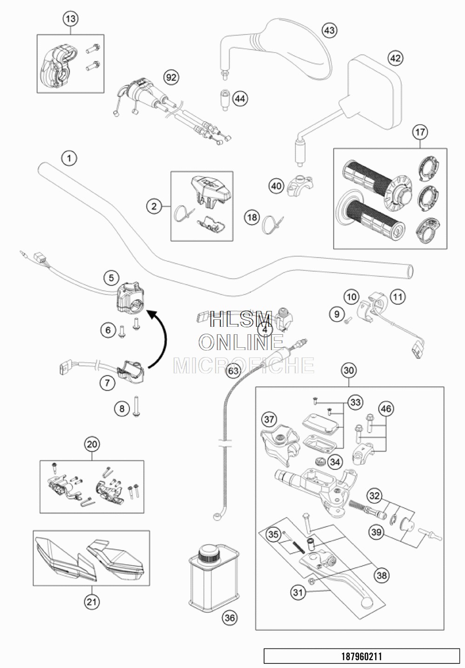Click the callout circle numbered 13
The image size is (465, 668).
(x=70, y=19)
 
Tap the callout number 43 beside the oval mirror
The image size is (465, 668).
(x=329, y=31)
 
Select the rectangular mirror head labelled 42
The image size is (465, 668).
(x=374, y=91)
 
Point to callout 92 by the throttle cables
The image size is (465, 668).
(x=171, y=77)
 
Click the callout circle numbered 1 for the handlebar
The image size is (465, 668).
(x=69, y=158)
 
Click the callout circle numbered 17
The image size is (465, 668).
(x=420, y=132)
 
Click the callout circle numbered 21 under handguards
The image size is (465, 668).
(x=92, y=602)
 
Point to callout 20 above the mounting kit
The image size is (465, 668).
(x=92, y=444)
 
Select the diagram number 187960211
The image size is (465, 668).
(x=362, y=656)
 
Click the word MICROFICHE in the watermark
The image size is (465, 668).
(x=244, y=365)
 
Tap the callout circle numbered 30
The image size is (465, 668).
(x=349, y=371)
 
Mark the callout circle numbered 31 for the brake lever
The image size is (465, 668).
(x=298, y=593)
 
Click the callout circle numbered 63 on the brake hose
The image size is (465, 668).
(x=234, y=371)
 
